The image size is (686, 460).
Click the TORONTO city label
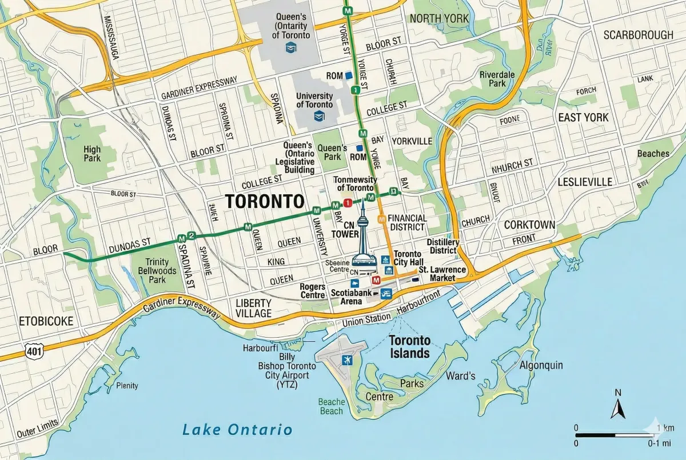(x=264, y=201)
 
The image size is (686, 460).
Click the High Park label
(x=92, y=154)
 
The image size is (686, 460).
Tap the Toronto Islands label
(x=409, y=347)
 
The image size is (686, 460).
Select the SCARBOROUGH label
(x=638, y=35)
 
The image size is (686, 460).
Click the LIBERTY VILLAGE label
(x=253, y=308)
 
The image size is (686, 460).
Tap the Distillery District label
(x=442, y=246)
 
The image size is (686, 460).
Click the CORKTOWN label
(x=529, y=225)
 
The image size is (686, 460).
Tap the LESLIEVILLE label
(x=584, y=182)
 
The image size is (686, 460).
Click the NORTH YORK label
(x=439, y=18)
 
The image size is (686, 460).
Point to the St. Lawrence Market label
(x=444, y=274)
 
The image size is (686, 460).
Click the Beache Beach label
(x=332, y=406)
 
